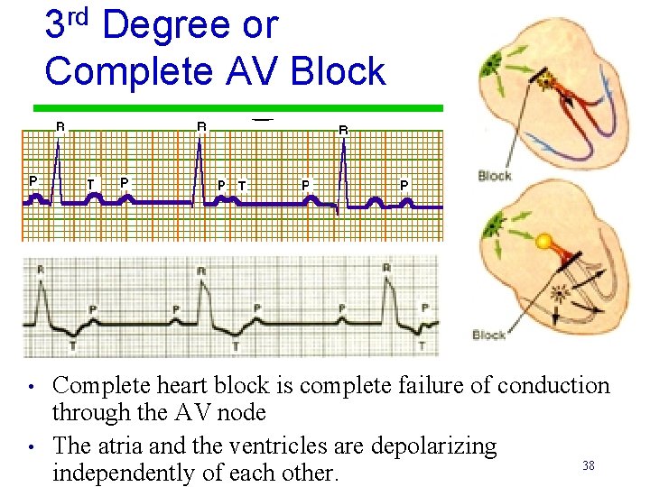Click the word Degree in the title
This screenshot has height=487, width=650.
(x=166, y=25)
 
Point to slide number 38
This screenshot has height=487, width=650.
(x=588, y=465)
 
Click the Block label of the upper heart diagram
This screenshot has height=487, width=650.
(x=494, y=176)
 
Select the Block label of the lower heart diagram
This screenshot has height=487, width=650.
(x=488, y=335)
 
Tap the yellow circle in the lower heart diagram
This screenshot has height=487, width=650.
(x=543, y=242)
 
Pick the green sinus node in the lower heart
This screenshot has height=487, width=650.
(x=496, y=226)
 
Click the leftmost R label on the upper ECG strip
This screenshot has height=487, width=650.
(x=60, y=127)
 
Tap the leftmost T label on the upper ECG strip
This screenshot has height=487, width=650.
(x=89, y=185)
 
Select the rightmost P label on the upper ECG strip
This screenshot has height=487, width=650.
(x=404, y=184)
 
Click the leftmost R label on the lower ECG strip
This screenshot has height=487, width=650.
(x=40, y=270)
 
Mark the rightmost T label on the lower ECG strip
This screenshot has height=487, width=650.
(x=422, y=345)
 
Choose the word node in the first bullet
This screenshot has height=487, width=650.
(x=245, y=413)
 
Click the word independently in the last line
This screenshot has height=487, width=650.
(x=133, y=473)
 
